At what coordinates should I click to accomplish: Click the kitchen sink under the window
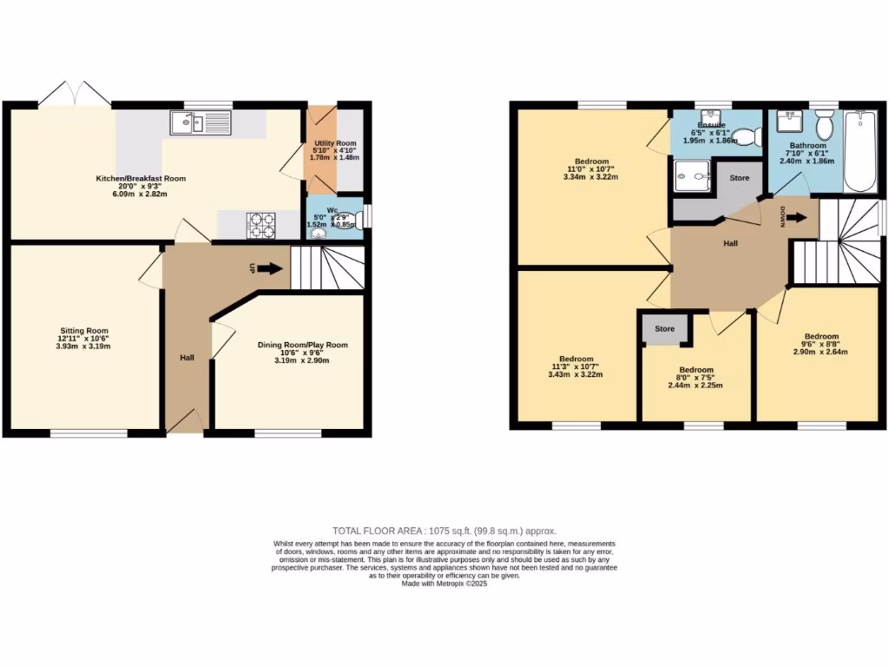pos(201,124)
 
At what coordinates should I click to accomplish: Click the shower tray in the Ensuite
pos(690,176)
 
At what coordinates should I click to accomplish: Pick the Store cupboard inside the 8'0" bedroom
pos(665,329)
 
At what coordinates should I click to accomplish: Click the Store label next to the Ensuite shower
pos(739,178)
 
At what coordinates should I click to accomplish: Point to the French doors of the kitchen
pos(74,93)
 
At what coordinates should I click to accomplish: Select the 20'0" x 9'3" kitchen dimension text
pos(141,187)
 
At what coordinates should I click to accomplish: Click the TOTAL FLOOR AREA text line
pos(444,531)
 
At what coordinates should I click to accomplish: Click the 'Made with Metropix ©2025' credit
pos(444,584)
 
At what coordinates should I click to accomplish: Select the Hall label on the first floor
pos(731,244)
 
